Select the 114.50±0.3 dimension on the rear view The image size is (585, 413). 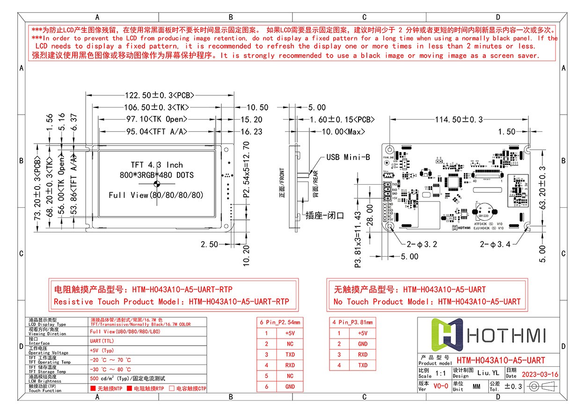point(459,120)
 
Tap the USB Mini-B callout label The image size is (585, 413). point(348,157)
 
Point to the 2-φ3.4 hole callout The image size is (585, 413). point(495,244)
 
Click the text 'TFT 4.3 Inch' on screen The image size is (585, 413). point(157,165)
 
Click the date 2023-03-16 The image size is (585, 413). point(540,375)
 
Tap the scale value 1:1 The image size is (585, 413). point(440,374)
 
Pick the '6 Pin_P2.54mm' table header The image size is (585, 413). point(280,322)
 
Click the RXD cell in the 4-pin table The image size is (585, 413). point(363,355)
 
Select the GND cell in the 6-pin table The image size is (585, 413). point(290,387)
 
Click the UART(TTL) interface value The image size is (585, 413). point(102,341)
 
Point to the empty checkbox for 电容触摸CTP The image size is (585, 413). point(172,388)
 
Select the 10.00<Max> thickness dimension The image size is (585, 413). point(343,132)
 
